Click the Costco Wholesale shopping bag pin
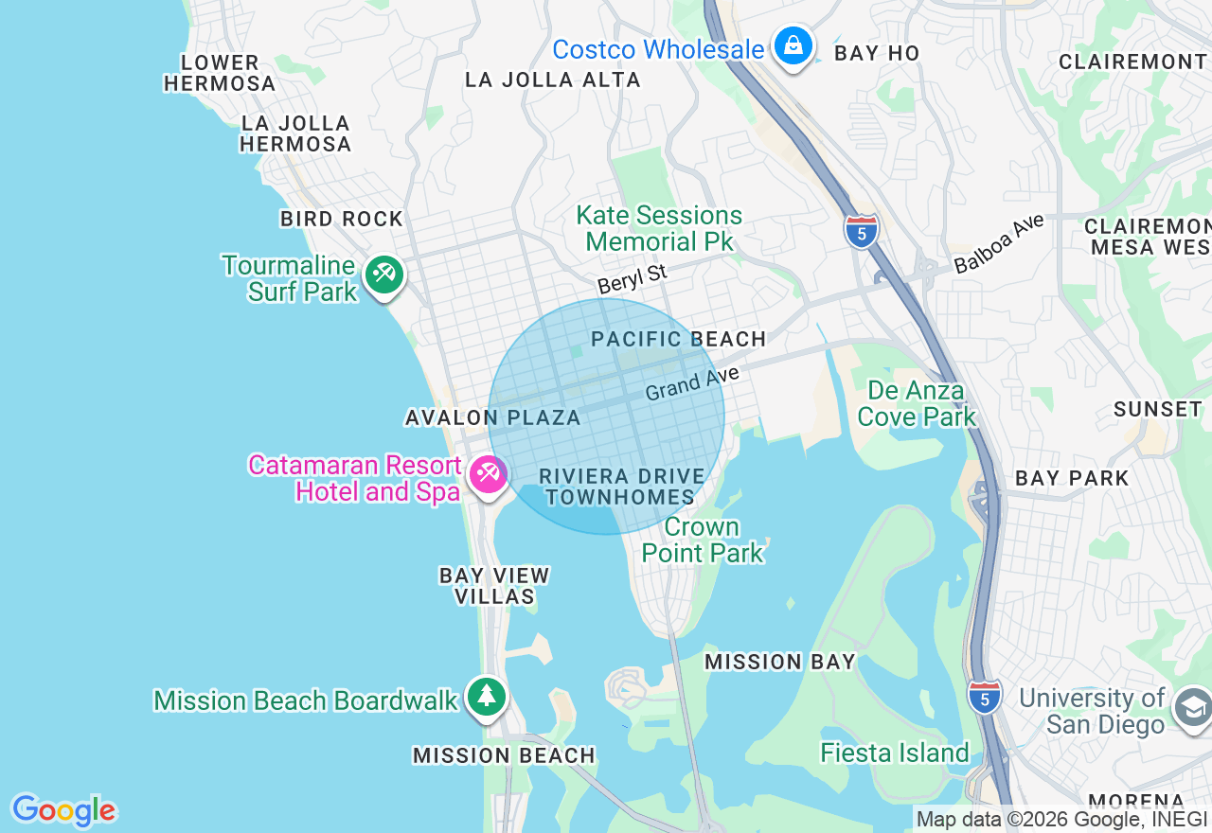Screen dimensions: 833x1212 click(793, 44)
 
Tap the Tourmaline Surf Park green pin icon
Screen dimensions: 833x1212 click(383, 275)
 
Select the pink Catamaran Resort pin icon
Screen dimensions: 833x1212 click(489, 472)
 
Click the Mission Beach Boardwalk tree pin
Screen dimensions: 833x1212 click(487, 697)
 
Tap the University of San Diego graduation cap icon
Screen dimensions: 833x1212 click(1192, 707)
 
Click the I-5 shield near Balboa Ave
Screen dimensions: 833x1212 click(861, 230)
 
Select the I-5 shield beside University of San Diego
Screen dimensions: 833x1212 click(985, 696)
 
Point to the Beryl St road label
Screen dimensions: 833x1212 click(632, 279)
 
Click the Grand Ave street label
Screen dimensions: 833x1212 click(691, 384)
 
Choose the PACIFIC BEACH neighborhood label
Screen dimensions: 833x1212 click(678, 339)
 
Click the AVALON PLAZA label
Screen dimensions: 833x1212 click(492, 417)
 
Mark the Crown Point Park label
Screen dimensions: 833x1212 click(703, 540)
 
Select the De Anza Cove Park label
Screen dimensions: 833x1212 click(916, 403)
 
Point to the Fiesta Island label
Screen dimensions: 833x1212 click(895, 753)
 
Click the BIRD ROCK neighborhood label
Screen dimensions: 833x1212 click(342, 219)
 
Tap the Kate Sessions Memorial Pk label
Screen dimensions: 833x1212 click(659, 228)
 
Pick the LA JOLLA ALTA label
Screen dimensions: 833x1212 click(553, 80)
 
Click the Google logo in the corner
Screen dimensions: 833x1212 click(63, 810)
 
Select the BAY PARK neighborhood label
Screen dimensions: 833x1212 click(1072, 478)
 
